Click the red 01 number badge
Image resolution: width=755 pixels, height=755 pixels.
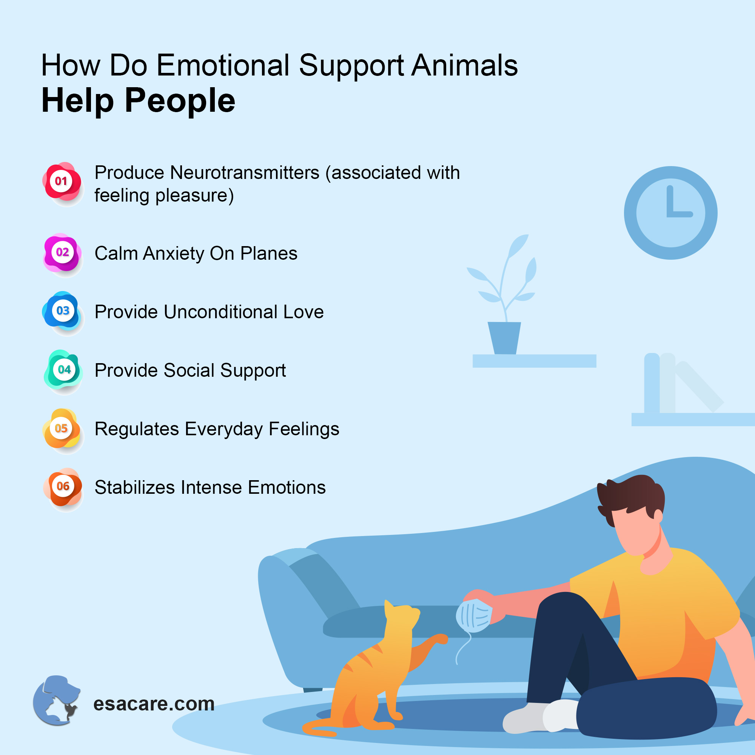tap(62, 181)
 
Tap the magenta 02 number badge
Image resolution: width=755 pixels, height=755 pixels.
tap(62, 253)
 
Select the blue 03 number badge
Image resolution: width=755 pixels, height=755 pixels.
tap(63, 311)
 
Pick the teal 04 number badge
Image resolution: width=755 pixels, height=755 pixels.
tap(64, 369)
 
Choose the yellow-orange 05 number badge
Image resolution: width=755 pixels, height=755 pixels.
tap(62, 428)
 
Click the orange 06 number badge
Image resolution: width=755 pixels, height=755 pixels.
tap(63, 487)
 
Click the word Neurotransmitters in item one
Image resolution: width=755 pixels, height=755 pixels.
tap(245, 173)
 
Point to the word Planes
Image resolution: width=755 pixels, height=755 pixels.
tap(269, 254)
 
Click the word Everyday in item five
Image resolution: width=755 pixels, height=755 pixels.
tap(224, 429)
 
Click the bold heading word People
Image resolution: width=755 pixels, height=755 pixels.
tap(180, 101)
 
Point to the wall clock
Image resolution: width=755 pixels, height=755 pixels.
tap(670, 213)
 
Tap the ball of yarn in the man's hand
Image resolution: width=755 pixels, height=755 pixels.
tap(474, 615)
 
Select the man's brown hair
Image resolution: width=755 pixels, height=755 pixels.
tap(631, 493)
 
